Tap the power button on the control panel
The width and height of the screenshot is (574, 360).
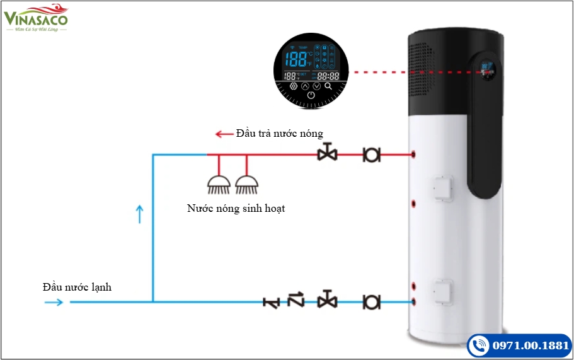click(311, 96)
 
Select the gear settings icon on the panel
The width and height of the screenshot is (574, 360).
click(293, 86)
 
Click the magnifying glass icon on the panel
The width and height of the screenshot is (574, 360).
click(328, 86)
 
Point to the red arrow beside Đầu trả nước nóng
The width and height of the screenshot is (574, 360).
click(224, 134)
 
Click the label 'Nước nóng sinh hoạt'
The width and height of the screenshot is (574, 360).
click(236, 208)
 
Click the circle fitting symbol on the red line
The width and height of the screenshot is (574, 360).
click(372, 154)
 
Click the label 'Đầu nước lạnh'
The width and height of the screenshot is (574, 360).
click(77, 287)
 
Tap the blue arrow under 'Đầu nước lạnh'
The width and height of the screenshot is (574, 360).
click(54, 302)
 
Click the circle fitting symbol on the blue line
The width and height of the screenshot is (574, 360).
click(372, 302)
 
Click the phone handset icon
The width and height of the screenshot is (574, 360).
click(479, 346)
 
